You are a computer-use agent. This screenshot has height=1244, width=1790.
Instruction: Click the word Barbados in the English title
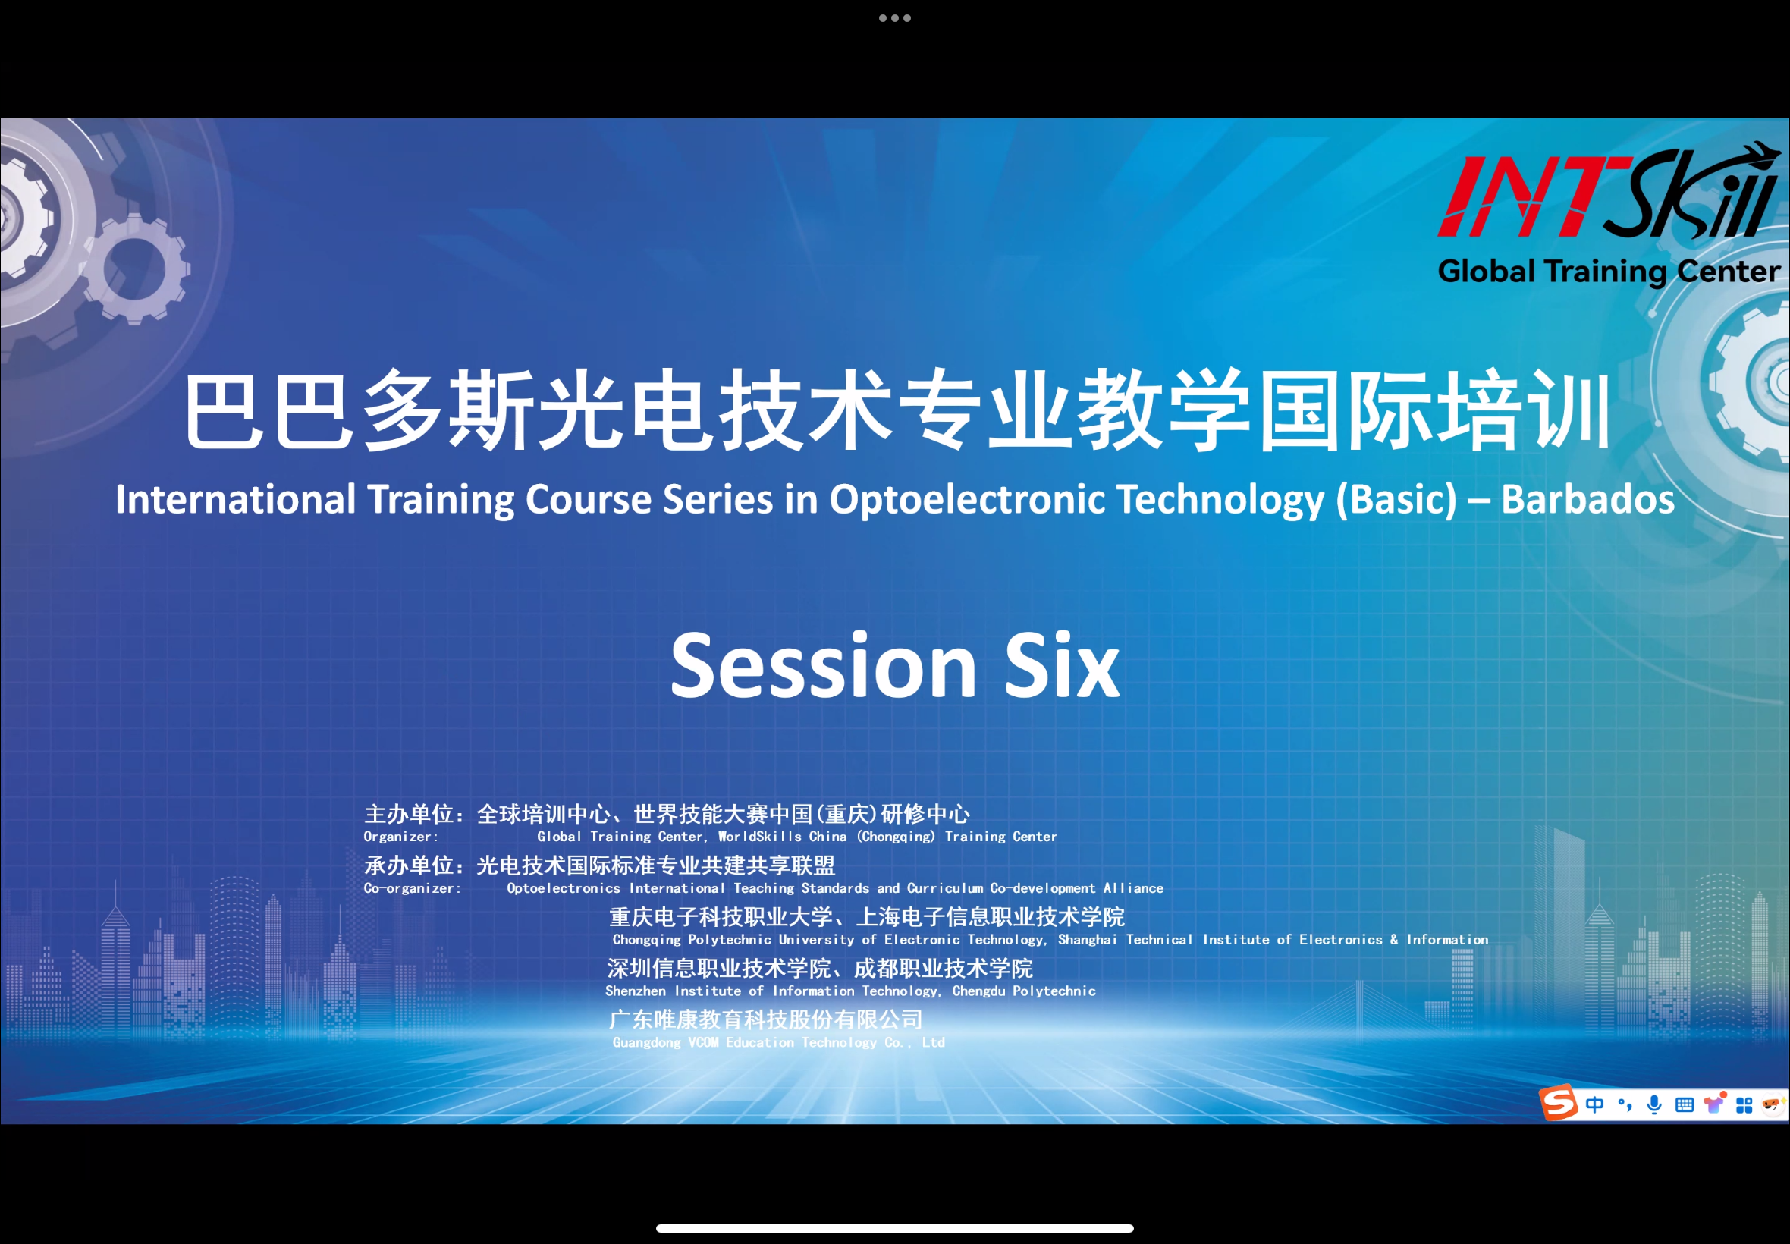[x=1587, y=500]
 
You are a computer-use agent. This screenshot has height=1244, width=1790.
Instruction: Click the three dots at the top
[x=894, y=18]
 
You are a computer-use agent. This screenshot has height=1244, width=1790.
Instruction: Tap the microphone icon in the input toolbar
[x=1653, y=1104]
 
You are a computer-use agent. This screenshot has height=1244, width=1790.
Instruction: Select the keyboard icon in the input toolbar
[x=1684, y=1104]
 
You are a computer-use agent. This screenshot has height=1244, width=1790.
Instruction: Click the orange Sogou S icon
[x=1558, y=1102]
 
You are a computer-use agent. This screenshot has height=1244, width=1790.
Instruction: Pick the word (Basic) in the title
[x=1396, y=500]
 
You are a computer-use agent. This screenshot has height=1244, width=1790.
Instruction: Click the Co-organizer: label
[x=413, y=887]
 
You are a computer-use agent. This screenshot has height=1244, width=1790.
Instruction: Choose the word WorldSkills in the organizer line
[x=759, y=837]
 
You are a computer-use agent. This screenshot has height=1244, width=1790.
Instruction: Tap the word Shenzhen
[x=635, y=991]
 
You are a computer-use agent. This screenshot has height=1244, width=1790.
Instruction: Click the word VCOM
[x=703, y=1042]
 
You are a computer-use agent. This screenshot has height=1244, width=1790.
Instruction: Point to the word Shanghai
[x=1087, y=939]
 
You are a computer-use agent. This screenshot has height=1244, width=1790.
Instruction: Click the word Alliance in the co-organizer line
[x=1133, y=887]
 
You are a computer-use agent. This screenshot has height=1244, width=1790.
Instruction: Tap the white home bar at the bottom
[x=894, y=1228]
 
